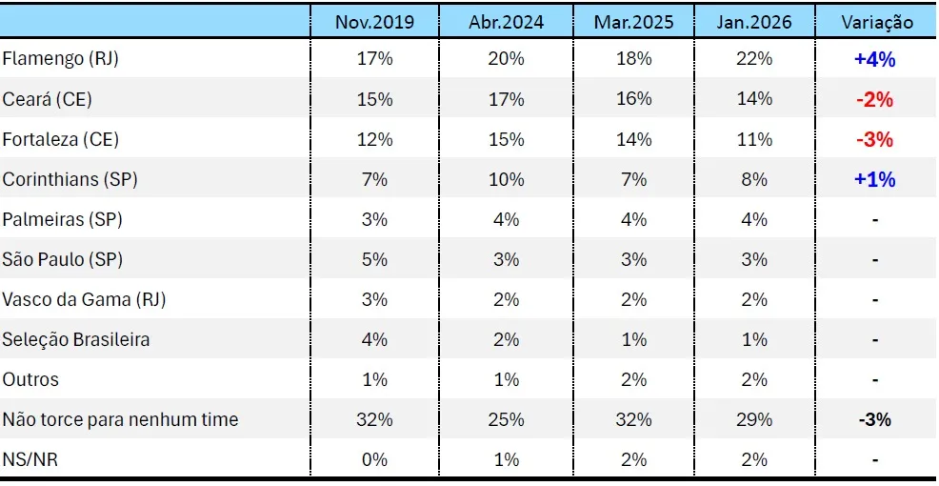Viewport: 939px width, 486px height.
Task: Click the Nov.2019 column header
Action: click(x=374, y=22)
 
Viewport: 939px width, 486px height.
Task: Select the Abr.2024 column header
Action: click(x=506, y=22)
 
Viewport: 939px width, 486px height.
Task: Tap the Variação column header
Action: click(x=877, y=22)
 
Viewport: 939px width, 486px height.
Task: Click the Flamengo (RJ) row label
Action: click(x=61, y=59)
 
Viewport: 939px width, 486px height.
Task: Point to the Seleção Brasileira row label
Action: click(x=76, y=340)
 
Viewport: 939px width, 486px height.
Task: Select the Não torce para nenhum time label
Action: click(x=120, y=419)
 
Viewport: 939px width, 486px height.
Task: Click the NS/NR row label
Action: click(x=30, y=459)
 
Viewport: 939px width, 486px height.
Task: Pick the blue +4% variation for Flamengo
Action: click(x=875, y=60)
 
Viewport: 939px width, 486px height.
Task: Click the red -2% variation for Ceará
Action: click(x=875, y=100)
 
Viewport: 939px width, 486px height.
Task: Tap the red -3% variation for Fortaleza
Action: click(x=875, y=140)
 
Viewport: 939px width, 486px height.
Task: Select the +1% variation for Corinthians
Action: click(x=875, y=180)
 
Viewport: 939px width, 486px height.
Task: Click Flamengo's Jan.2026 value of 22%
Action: click(x=753, y=59)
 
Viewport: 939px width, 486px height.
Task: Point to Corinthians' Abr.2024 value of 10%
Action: click(x=506, y=180)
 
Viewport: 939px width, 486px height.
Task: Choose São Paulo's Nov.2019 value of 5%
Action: click(x=374, y=259)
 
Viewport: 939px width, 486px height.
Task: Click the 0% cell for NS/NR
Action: click(x=374, y=459)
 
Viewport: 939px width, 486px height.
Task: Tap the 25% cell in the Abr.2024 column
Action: click(x=506, y=419)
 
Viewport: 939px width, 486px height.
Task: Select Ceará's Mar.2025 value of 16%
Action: click(x=633, y=99)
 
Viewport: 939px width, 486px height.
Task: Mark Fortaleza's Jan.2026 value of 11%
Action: click(x=753, y=140)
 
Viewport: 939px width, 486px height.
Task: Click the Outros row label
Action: click(x=30, y=379)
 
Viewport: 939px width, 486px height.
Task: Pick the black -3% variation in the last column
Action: click(x=875, y=419)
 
